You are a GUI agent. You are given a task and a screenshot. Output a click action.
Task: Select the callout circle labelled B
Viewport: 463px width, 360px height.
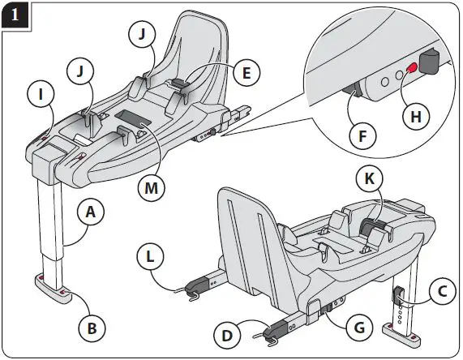click(x=93, y=328)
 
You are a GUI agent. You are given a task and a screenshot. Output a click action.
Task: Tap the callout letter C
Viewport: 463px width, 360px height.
click(x=440, y=291)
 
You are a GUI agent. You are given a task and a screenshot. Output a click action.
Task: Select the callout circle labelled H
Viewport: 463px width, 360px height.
click(x=415, y=116)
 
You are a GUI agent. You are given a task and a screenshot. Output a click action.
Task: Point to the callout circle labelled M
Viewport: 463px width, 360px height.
click(x=152, y=189)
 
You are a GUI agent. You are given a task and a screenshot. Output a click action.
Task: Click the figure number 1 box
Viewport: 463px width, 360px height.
click(x=15, y=15)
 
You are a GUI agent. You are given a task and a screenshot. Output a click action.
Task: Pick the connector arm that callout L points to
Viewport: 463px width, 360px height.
click(x=197, y=285)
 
